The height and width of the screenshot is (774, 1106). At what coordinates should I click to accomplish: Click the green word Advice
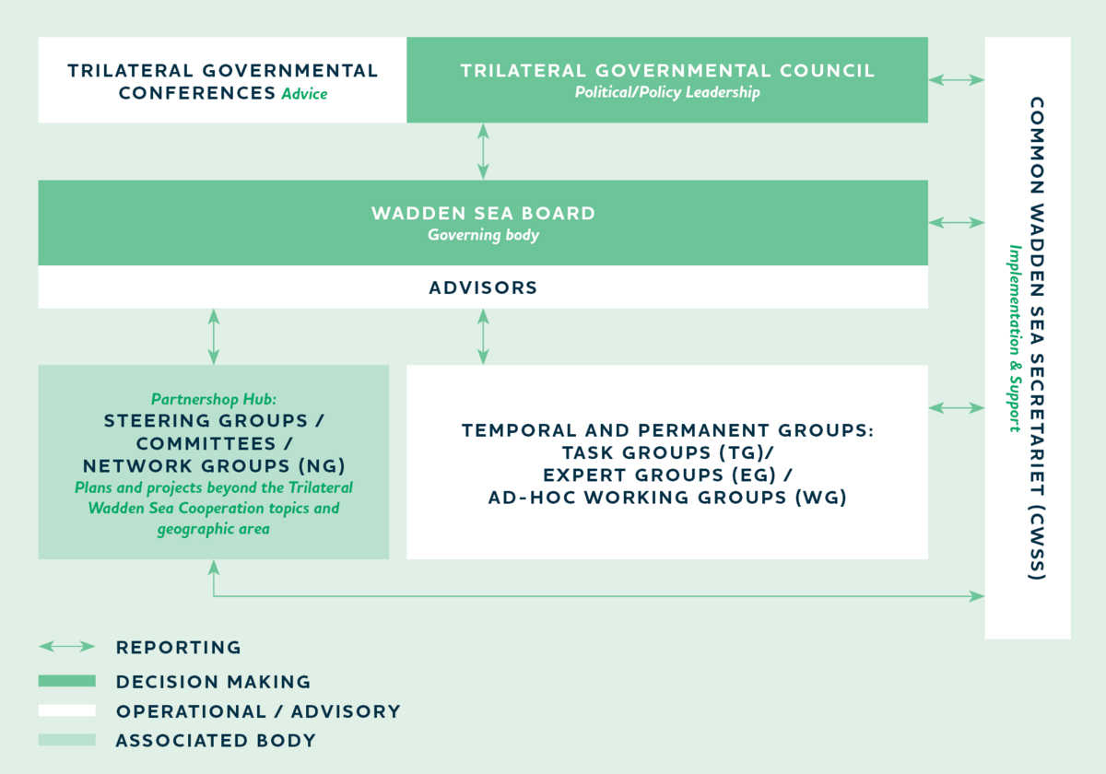(x=304, y=93)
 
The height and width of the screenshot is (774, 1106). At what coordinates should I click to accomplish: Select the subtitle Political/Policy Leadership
(x=667, y=92)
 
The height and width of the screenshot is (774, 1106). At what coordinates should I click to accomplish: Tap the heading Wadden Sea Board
(x=483, y=213)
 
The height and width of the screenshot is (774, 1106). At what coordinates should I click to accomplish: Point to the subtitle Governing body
(x=483, y=235)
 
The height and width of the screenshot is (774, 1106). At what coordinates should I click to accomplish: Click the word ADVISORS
(x=483, y=287)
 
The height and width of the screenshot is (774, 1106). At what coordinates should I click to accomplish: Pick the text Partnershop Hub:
(x=213, y=399)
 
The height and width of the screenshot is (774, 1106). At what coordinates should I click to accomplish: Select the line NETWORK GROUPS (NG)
(x=214, y=466)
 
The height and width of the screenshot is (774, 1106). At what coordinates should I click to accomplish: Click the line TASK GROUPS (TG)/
(x=667, y=452)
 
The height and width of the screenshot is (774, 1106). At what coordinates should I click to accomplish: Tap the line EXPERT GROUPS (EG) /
(x=667, y=475)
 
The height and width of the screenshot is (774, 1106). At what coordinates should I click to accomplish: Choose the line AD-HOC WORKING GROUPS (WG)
(x=667, y=497)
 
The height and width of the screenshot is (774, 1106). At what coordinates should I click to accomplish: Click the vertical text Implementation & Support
(x=1015, y=339)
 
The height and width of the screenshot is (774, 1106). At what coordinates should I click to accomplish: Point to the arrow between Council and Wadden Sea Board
(x=483, y=151)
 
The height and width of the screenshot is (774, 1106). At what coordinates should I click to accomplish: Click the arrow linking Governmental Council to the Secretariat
(x=957, y=80)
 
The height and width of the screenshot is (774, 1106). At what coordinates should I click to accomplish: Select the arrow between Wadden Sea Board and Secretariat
(x=957, y=223)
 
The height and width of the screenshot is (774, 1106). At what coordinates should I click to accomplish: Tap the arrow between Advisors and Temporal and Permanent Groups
(x=483, y=336)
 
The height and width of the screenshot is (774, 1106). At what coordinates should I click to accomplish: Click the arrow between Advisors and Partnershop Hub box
(x=213, y=336)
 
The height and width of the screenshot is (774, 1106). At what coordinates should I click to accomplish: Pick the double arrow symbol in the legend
(x=67, y=647)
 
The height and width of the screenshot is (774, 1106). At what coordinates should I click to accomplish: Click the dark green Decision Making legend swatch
(x=67, y=681)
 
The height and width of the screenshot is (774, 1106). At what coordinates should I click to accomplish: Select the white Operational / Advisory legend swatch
(x=67, y=710)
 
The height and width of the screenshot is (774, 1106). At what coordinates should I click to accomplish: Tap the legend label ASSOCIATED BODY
(x=216, y=741)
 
